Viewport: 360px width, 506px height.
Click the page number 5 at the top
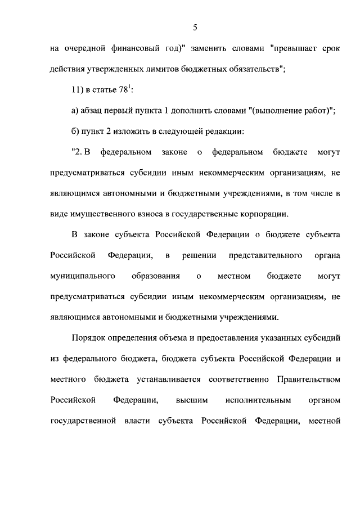coord(195,27)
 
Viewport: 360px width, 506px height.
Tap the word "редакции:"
coord(224,132)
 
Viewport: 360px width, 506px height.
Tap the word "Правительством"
coord(309,380)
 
